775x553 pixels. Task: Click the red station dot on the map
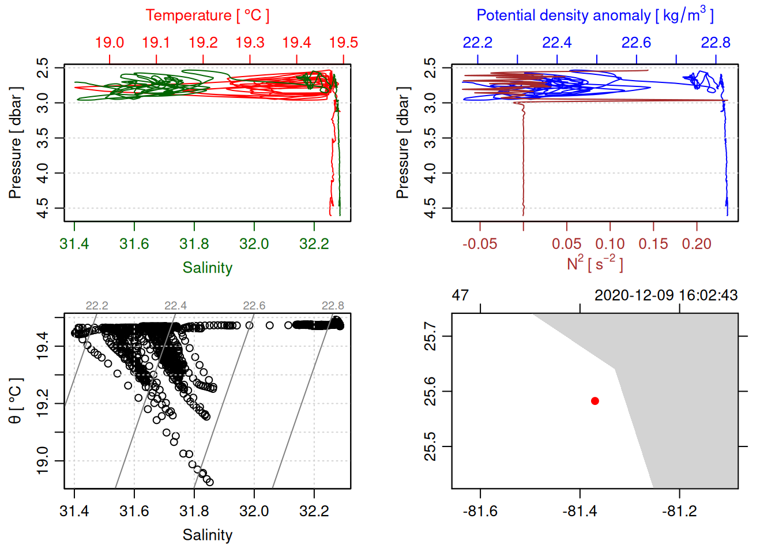[595, 401]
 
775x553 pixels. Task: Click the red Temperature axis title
[207, 16]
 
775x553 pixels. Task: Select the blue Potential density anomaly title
[595, 15]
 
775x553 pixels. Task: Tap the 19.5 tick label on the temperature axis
[344, 43]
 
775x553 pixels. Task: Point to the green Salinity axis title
[207, 268]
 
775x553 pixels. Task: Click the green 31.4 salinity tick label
[74, 244]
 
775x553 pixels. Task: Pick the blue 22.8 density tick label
[716, 43]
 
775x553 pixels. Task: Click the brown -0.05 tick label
[480, 244]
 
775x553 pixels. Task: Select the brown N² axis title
[595, 264]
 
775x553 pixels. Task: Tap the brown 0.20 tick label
[697, 244]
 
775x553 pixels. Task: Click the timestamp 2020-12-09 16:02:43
[666, 296]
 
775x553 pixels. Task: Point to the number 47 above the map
[460, 296]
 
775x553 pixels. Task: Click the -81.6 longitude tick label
[480, 512]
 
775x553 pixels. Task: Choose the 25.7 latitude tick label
[430, 336]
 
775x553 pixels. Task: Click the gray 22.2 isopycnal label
[97, 306]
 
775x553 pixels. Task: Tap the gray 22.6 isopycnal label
[254, 306]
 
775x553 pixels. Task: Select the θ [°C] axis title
[15, 401]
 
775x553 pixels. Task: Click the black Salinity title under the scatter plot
[207, 535]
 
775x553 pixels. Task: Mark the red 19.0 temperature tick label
[110, 43]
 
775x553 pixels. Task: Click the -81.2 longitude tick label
[679, 512]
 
